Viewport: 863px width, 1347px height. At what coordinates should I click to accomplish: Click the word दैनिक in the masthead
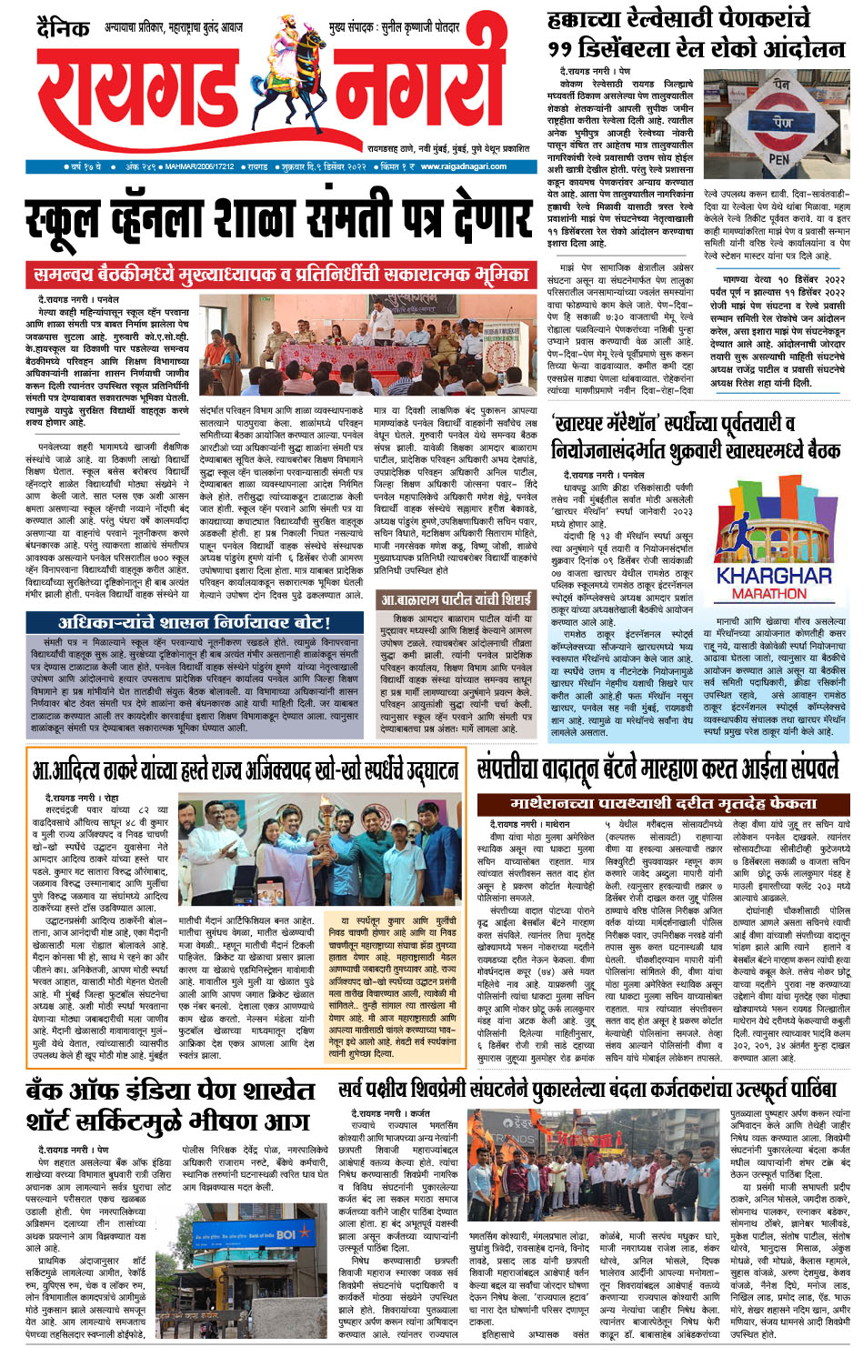[63, 30]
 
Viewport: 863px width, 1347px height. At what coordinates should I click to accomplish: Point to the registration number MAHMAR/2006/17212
[201, 167]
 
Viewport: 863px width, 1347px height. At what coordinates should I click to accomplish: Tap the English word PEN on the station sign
[779, 159]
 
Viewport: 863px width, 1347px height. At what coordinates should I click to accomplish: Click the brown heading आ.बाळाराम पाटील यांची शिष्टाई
[456, 600]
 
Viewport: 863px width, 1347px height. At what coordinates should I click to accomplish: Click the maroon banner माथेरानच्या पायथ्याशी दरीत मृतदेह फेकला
[663, 804]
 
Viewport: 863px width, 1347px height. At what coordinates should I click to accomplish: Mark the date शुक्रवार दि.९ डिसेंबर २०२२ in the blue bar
[324, 167]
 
